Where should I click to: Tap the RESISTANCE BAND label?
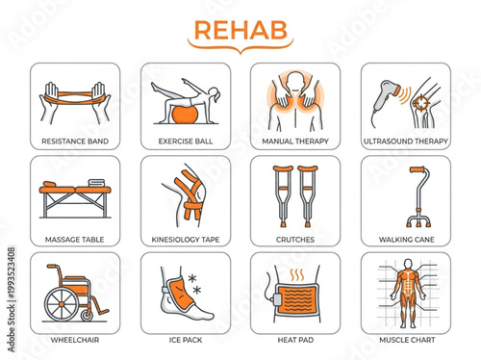point(76,141)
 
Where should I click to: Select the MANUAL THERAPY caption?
point(294,141)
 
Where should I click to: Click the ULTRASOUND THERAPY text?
point(404,141)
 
